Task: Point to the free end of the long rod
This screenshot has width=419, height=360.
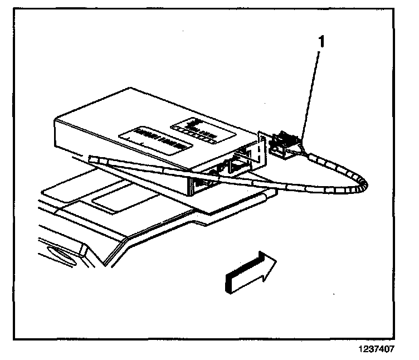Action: (x=91, y=159)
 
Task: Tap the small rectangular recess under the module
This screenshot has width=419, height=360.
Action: (x=114, y=197)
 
